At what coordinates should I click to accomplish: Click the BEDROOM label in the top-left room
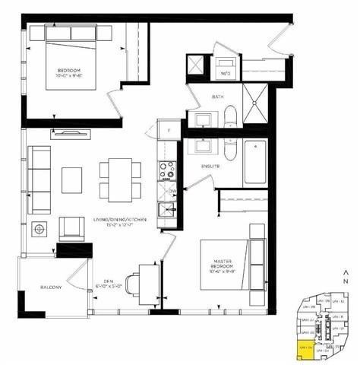68,74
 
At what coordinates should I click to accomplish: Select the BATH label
217,97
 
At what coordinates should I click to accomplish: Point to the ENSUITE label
211,166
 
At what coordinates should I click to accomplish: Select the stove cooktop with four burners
167,167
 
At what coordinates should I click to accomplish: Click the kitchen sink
167,208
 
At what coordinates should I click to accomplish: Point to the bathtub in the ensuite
256,162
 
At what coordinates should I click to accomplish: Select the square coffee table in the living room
72,179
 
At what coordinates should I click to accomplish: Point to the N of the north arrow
346,280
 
